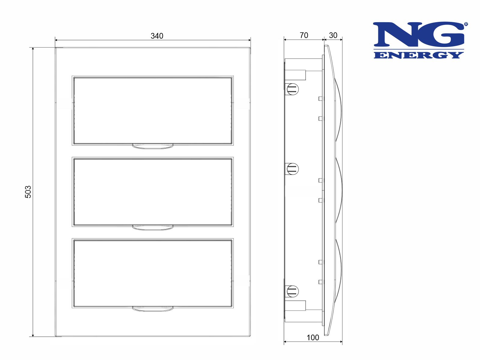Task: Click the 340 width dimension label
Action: click(157, 36)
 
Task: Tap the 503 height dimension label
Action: click(28, 192)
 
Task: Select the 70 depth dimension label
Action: click(304, 35)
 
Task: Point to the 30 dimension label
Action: click(333, 35)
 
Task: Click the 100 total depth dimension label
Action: click(313, 338)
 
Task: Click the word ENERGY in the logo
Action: click(418, 55)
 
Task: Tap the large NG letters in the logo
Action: click(418, 34)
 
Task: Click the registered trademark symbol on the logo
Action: click(466, 24)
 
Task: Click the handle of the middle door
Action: click(153, 227)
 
